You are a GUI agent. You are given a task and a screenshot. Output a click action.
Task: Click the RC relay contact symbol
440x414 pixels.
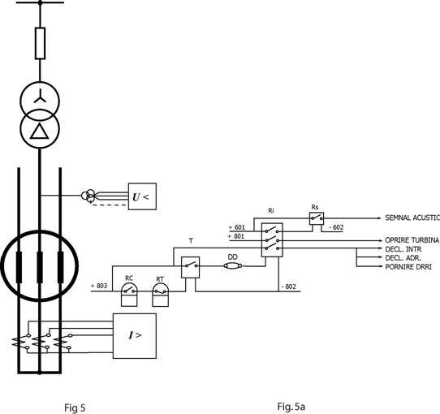129,295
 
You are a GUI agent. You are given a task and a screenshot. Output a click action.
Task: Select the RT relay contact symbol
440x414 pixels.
161,295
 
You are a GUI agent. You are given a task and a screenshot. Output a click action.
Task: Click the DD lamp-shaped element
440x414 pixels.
233,265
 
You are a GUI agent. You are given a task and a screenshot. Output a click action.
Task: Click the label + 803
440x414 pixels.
99,286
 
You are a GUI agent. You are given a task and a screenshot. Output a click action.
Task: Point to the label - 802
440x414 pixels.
288,287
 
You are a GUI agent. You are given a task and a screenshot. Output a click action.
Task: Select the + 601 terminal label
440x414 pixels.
236,227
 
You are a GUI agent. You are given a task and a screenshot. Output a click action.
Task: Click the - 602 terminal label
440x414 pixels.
336,227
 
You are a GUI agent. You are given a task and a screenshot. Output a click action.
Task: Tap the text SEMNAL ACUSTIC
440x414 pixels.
412,218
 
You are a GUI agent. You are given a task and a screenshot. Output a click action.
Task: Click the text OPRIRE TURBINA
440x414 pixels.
412,240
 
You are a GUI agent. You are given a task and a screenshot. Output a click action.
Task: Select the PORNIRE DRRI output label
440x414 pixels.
408,266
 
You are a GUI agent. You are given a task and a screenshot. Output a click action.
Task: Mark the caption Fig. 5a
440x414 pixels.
291,406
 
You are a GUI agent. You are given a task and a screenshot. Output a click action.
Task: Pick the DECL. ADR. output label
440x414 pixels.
403,258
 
